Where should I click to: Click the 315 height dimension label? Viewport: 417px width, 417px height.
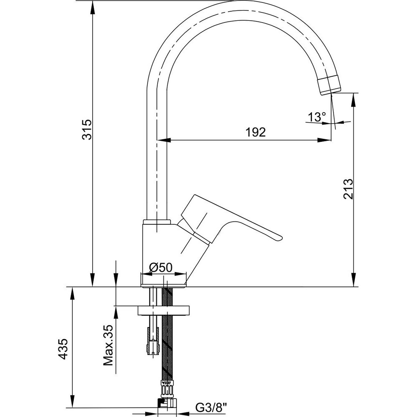[x=87, y=130]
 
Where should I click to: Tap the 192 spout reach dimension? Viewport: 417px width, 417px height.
[x=255, y=132]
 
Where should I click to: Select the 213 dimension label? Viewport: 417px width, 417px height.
[x=348, y=189]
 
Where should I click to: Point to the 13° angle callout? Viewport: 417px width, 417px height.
[x=317, y=117]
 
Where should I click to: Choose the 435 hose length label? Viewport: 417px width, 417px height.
[x=63, y=349]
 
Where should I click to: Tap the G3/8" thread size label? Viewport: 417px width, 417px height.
[x=212, y=407]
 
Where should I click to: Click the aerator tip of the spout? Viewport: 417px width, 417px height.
[x=329, y=85]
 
